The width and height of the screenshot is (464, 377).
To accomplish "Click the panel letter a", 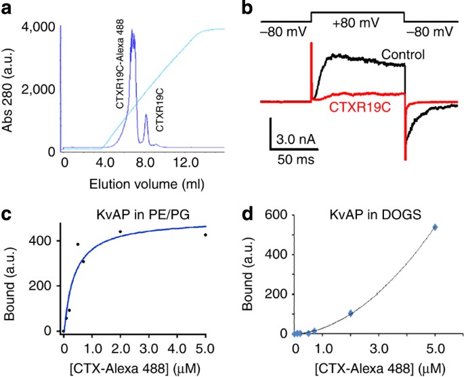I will pos(9,9).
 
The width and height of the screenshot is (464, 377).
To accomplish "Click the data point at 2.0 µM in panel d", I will pos(351,313).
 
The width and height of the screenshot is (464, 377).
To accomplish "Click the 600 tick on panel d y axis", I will pos(272,216).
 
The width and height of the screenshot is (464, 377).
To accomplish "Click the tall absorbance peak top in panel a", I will pos(133,30).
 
